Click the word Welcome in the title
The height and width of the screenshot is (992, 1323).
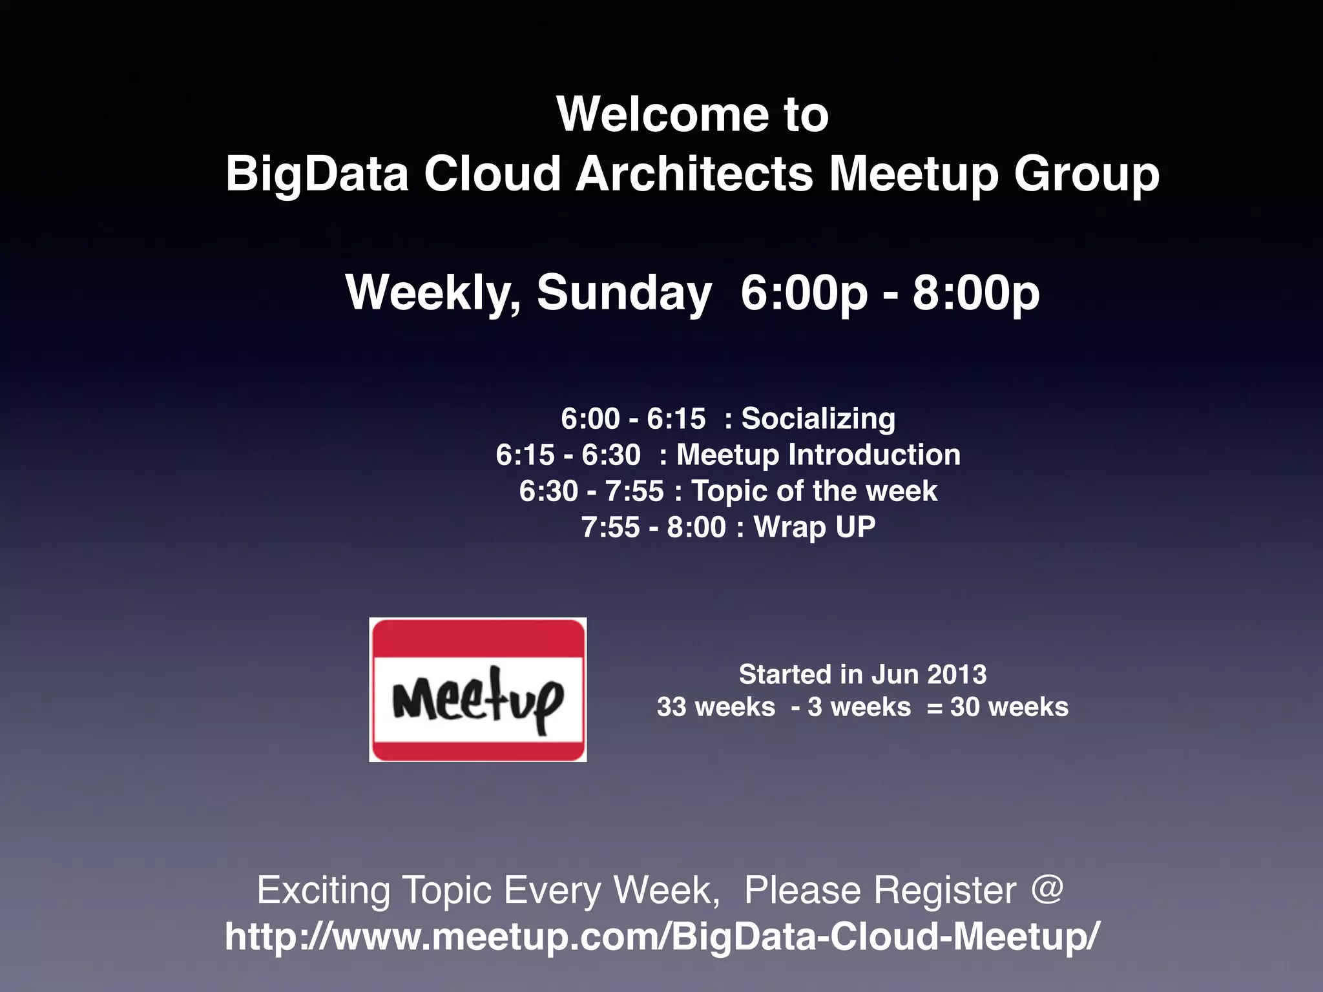tap(662, 114)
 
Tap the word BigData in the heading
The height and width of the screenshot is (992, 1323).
tap(317, 174)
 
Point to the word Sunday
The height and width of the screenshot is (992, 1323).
tap(624, 293)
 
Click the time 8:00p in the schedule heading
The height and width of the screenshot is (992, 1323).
tap(975, 293)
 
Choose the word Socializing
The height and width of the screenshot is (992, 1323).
tap(818, 418)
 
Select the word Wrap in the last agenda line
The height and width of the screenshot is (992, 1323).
tap(789, 528)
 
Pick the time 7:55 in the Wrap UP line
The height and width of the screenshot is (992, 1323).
tap(610, 528)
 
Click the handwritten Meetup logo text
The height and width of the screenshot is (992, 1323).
tap(478, 701)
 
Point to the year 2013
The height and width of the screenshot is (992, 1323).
tap(957, 675)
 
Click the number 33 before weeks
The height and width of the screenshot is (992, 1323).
tap(671, 707)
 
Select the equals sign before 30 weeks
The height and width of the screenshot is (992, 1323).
tap(934, 708)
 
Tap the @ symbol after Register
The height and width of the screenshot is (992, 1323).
tap(1047, 889)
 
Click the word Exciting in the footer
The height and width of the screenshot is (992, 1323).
tap(323, 890)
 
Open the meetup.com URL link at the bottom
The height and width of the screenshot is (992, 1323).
tap(661, 936)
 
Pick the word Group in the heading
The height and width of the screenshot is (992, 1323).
tap(1087, 174)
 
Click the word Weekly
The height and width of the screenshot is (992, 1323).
tap(433, 293)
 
